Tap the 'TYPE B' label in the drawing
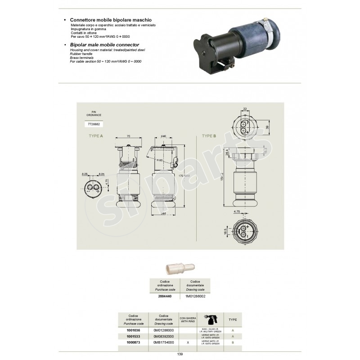[209, 135]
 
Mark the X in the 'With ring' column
[187, 342]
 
